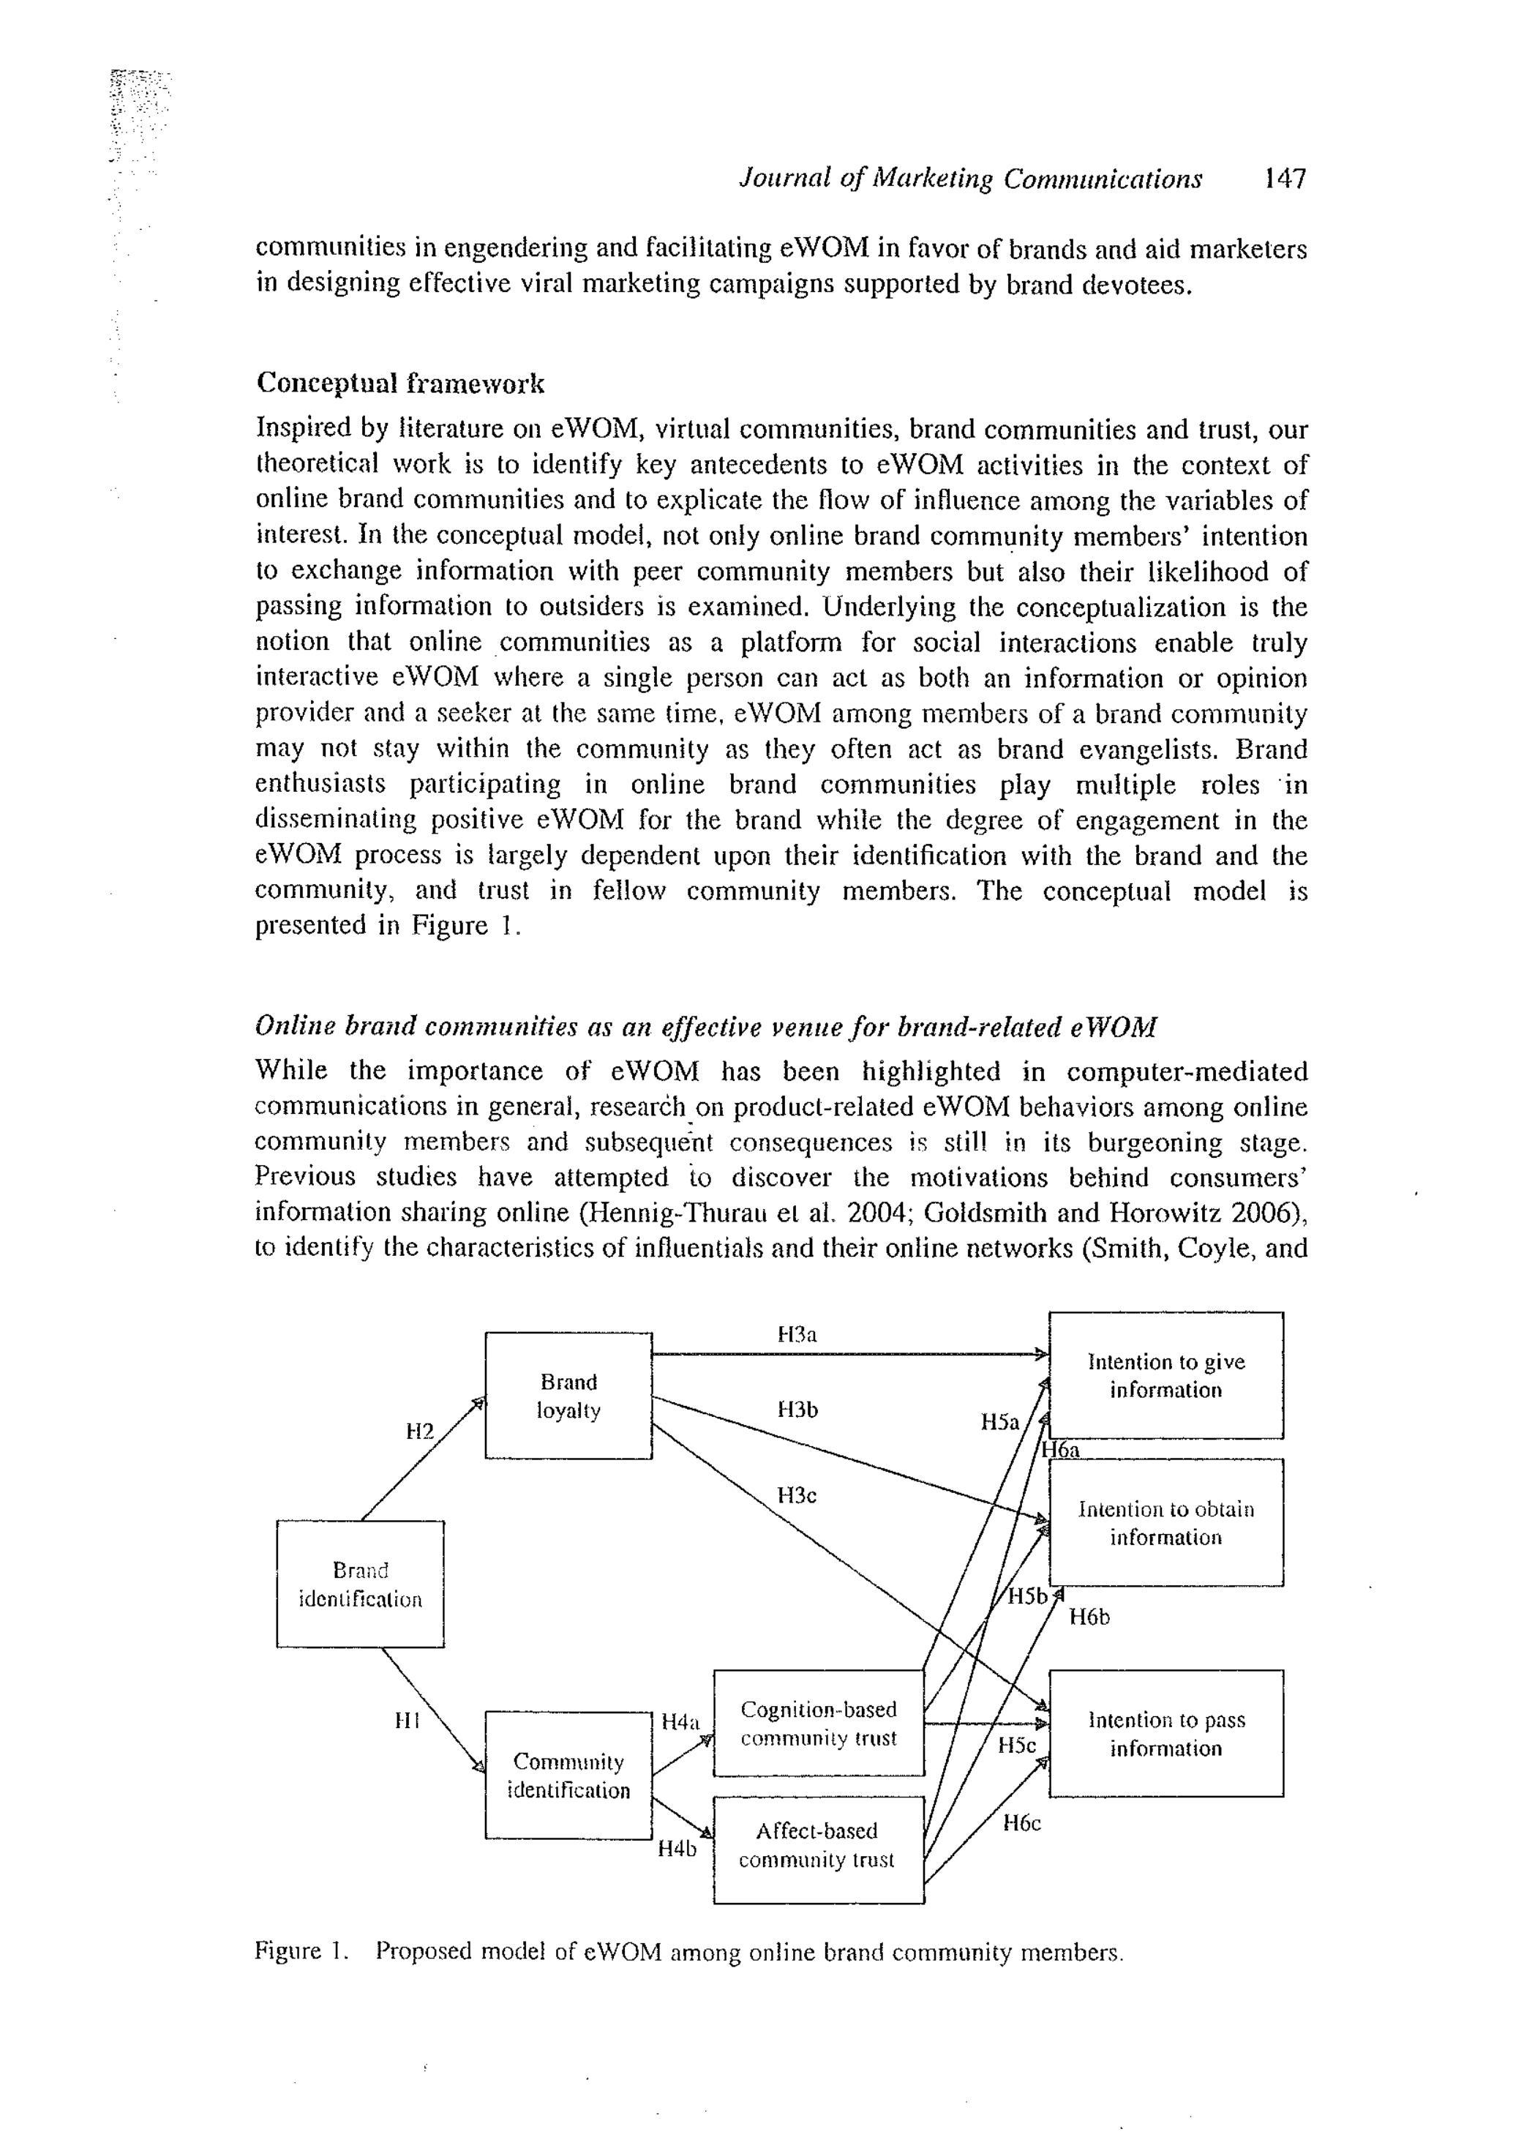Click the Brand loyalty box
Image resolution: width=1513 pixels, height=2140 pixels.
point(568,1395)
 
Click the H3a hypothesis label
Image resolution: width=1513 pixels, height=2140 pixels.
point(797,1335)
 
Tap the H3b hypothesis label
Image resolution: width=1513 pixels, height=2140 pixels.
point(797,1410)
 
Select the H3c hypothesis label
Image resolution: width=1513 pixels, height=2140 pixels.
point(797,1495)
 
